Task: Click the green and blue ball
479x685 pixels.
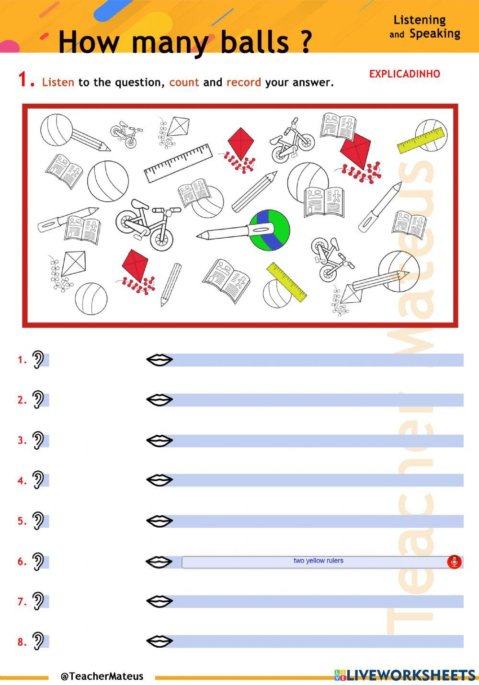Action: [270, 230]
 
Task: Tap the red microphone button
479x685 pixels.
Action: [454, 562]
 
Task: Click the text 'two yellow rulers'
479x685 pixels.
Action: [318, 561]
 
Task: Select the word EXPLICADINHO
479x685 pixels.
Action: [405, 74]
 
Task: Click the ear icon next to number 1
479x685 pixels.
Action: [38, 360]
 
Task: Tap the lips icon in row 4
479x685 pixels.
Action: [159, 480]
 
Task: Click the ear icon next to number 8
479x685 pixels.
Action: [38, 641]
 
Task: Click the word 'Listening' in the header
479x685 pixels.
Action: [419, 21]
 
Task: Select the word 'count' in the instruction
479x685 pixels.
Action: [184, 82]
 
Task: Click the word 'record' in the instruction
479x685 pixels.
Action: [244, 82]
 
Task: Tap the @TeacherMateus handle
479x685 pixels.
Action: [102, 676]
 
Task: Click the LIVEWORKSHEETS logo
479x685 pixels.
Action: [405, 675]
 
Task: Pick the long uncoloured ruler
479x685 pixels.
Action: [179, 163]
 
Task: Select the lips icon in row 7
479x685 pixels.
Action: [159, 601]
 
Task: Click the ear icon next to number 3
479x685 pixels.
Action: [38, 441]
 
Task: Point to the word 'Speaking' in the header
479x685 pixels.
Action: [435, 33]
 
